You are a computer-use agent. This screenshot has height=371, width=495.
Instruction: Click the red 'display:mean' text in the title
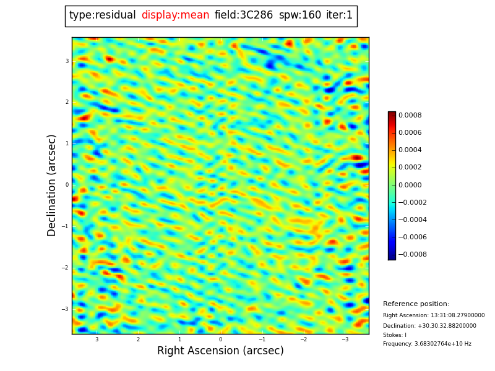(x=175, y=15)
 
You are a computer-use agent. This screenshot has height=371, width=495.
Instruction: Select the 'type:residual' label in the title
(x=103, y=15)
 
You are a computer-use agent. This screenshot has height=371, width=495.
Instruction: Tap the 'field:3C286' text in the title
(x=244, y=15)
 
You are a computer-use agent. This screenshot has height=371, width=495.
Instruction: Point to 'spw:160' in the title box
(x=300, y=15)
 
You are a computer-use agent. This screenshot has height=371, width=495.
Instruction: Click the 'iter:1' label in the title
(x=339, y=15)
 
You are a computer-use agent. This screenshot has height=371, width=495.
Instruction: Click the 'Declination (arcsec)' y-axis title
(x=52, y=185)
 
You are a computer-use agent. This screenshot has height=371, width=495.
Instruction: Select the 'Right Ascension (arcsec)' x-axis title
(x=220, y=351)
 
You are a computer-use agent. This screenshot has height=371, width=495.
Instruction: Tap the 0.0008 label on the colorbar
(x=410, y=115)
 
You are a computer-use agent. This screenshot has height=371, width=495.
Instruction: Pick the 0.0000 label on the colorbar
(x=410, y=185)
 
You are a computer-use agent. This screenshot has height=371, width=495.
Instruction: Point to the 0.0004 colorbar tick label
(x=410, y=150)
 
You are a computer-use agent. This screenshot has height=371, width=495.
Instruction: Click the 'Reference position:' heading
(x=416, y=304)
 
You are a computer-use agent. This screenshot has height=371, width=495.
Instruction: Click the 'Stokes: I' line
(x=395, y=335)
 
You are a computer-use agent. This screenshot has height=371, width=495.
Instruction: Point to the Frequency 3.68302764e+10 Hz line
(x=427, y=344)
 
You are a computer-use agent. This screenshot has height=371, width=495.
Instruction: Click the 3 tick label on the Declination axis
(x=67, y=61)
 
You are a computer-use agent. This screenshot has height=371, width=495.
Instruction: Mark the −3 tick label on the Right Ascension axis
(x=345, y=339)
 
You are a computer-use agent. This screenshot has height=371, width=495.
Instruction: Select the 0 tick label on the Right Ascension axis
(x=220, y=339)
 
